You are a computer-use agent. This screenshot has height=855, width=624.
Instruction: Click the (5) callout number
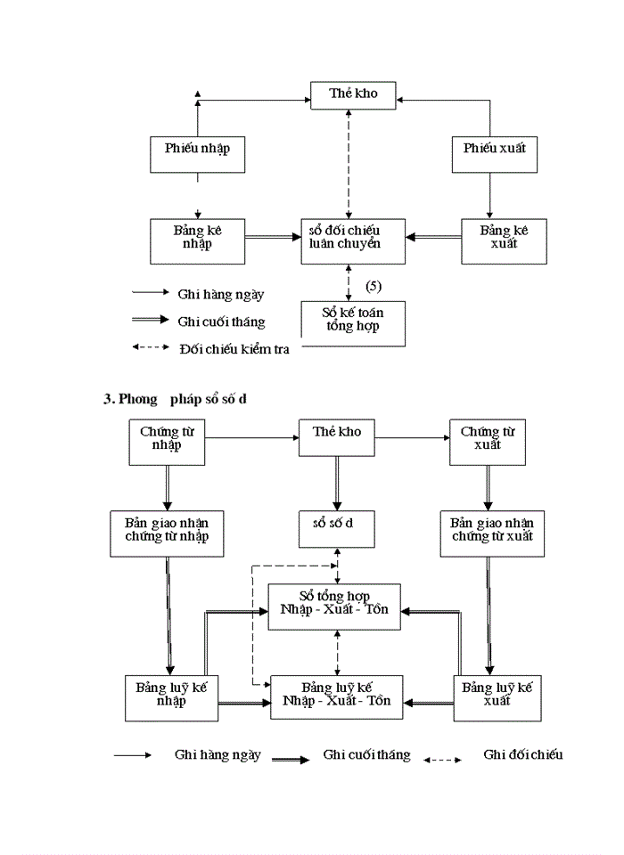[x=374, y=286]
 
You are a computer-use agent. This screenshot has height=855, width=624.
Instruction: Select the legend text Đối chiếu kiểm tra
[x=234, y=348]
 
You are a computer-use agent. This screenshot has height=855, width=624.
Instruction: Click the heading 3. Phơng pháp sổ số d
[x=175, y=399]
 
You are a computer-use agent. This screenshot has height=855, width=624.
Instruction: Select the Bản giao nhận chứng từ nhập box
[x=167, y=533]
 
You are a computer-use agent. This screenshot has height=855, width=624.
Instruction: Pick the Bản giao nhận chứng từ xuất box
[x=492, y=533]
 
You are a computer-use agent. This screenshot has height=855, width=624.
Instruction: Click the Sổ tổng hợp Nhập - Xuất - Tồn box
[x=335, y=606]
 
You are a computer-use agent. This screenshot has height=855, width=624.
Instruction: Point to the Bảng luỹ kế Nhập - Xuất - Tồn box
[x=336, y=696]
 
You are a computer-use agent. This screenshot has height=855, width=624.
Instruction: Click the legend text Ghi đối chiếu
[x=523, y=754]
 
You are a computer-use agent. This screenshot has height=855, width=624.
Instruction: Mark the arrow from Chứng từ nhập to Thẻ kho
[x=250, y=437]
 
